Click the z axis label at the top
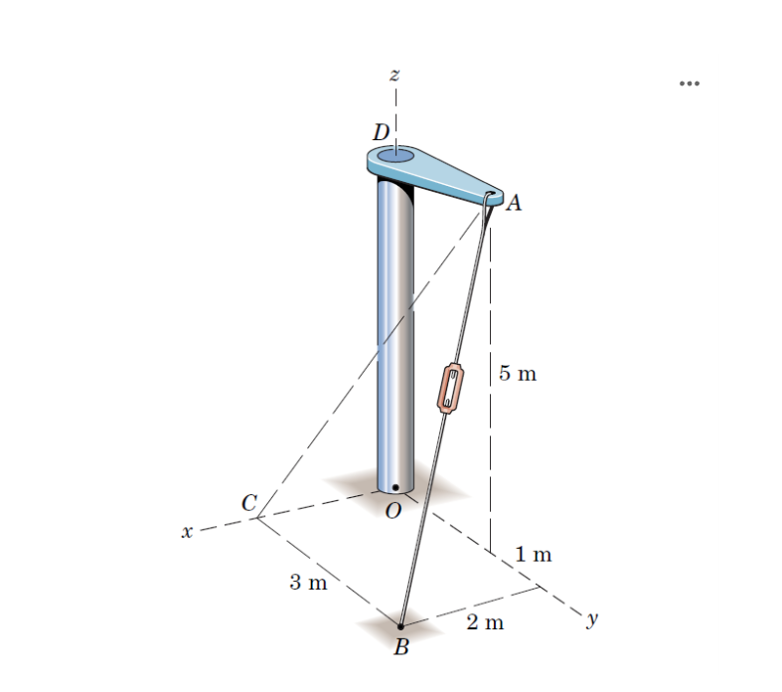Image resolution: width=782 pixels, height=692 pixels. pos(394,75)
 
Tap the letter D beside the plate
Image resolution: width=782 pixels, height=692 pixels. pos(381,131)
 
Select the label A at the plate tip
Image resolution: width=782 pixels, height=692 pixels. pos(514,205)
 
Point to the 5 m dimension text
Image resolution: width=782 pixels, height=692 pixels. pos(517,374)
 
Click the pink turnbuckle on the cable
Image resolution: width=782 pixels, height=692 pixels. pos(451,388)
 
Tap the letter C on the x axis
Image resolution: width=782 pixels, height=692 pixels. pos(249,503)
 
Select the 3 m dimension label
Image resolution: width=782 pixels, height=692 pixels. pos(308,582)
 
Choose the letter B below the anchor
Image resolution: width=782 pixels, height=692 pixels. pos(400,649)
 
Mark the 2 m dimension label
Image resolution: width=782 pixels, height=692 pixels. pos(485,623)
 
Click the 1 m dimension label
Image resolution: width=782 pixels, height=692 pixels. pos(533,554)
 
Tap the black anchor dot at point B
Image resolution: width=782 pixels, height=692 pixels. pos(400,626)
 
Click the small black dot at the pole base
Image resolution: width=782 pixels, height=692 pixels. pos(395,488)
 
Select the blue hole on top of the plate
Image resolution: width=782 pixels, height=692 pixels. pos(395,156)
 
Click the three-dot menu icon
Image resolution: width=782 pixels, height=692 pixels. pos(690,84)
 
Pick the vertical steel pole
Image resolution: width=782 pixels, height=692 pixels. pos(395,328)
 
